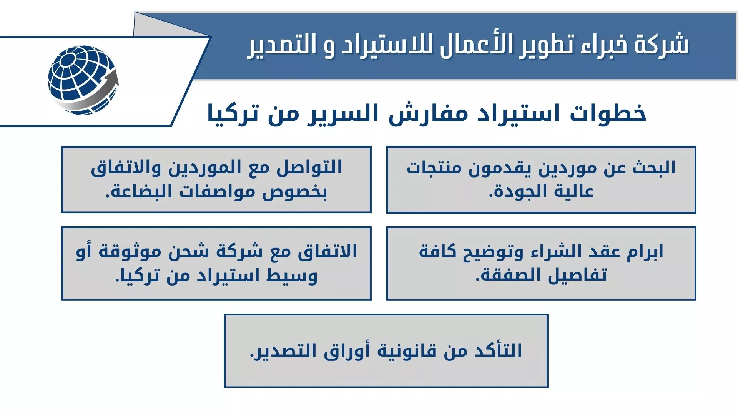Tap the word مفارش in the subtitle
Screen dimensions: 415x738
click(x=423, y=114)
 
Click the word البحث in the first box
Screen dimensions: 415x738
click(x=654, y=168)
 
